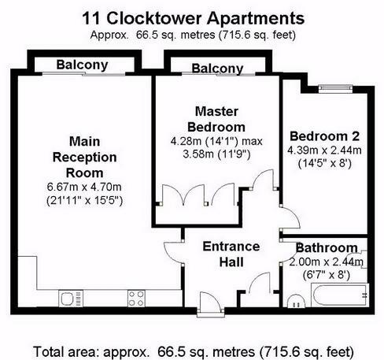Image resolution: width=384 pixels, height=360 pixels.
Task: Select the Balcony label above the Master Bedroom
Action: click(x=217, y=69)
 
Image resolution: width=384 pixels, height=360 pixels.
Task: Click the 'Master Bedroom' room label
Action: click(x=218, y=118)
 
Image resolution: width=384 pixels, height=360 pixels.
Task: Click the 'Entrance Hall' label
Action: click(x=231, y=254)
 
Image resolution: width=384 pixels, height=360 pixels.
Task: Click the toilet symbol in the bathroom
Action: click(x=295, y=301)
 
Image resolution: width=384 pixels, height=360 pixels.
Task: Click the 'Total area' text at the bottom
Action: click(x=192, y=349)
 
